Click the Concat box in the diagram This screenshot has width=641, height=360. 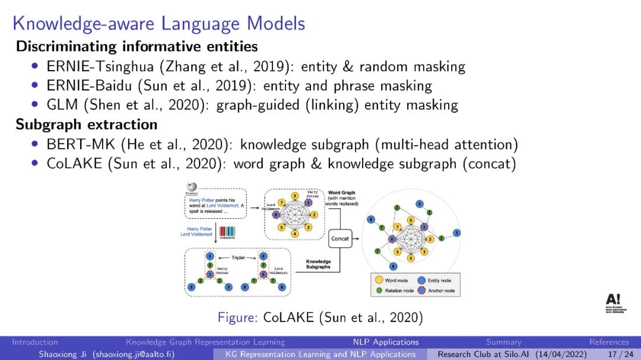click(x=340, y=238)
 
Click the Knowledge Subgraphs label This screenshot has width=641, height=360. click(x=319, y=264)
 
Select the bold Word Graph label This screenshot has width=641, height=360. click(x=342, y=193)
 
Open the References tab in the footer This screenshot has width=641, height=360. click(x=609, y=342)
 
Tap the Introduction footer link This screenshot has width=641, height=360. click(x=35, y=342)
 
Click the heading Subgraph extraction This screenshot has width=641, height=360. click(x=87, y=125)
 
